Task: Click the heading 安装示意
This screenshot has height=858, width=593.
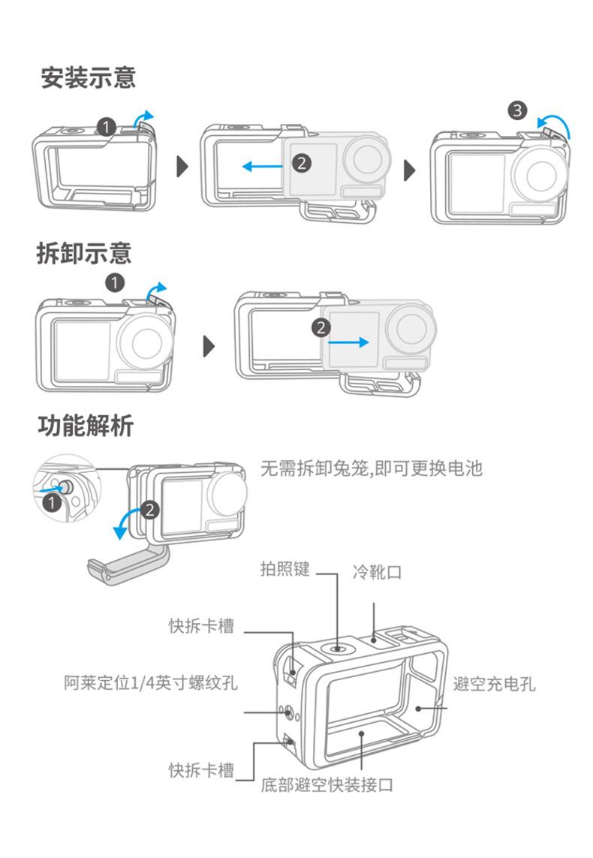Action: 88,77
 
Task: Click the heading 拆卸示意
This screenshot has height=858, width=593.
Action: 84,253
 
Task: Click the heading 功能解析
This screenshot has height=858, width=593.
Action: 86,426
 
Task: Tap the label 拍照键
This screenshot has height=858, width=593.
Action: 284,569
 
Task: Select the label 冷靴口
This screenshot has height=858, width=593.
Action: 378,573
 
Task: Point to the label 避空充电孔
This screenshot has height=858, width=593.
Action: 495,684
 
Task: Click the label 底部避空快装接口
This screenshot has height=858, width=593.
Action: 327,785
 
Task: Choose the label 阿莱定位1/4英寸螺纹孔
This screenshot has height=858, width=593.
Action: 150,683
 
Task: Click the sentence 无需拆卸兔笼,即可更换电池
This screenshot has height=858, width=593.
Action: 371,469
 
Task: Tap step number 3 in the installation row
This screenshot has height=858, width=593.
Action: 517,110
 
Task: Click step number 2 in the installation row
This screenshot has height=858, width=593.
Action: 302,162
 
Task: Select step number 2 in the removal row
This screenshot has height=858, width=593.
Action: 321,327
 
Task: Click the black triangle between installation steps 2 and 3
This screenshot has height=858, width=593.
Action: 410,169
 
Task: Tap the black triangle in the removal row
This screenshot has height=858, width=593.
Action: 209,346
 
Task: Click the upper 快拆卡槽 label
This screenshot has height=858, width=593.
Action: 201,626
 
